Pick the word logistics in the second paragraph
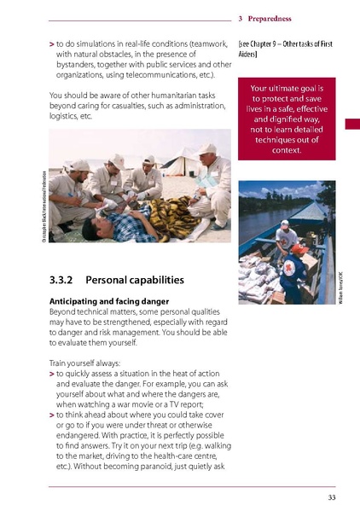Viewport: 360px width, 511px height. tap(65, 122)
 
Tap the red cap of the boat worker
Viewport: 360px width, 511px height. tap(298, 248)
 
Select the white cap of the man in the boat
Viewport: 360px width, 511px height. tap(284, 224)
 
